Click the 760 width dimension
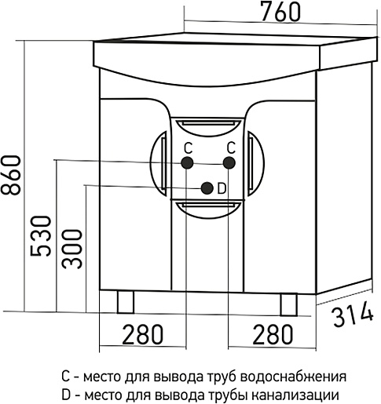click(280, 13)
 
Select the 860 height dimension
click(10, 175)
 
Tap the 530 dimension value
click(40, 236)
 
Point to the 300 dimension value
click(71, 249)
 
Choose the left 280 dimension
click(143, 334)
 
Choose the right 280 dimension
click(273, 334)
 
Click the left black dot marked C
click(187, 162)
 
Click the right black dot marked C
click(229, 163)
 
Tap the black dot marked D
click(207, 188)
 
